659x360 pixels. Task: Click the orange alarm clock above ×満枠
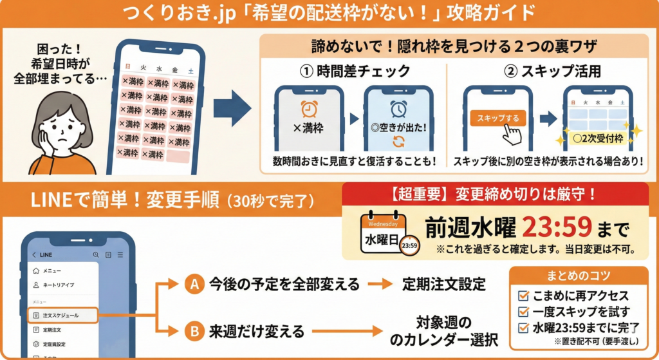(309, 107)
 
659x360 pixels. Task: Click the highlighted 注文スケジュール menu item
(62, 316)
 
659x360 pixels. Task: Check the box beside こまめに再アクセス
(523, 296)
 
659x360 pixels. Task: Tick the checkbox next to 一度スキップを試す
(523, 311)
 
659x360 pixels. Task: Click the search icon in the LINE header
(96, 254)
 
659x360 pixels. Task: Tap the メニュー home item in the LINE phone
(51, 271)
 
